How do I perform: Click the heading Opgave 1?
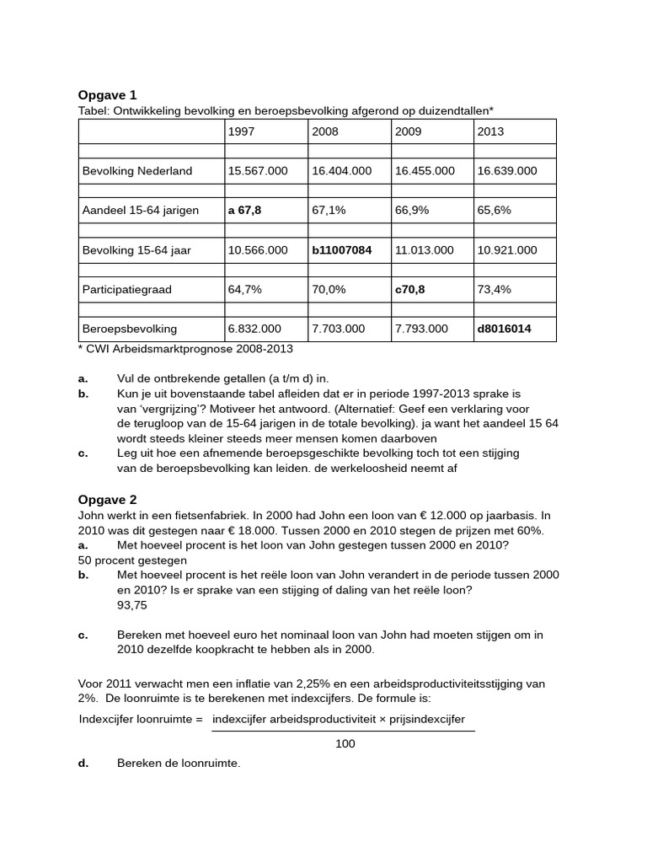107,95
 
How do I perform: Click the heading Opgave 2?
107,500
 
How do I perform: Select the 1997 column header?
241,131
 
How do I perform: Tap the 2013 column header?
490,131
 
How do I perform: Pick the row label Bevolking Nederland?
137,171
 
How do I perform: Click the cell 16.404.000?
341,171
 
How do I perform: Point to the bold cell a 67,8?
244,210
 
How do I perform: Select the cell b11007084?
341,249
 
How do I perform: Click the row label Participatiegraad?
126,289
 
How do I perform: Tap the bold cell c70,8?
410,289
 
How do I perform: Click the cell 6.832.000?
254,329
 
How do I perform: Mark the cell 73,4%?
494,289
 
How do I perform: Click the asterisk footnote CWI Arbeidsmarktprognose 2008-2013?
190,348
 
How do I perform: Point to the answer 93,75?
132,605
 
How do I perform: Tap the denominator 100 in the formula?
345,743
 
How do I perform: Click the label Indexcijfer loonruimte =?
142,719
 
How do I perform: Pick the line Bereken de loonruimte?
179,764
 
